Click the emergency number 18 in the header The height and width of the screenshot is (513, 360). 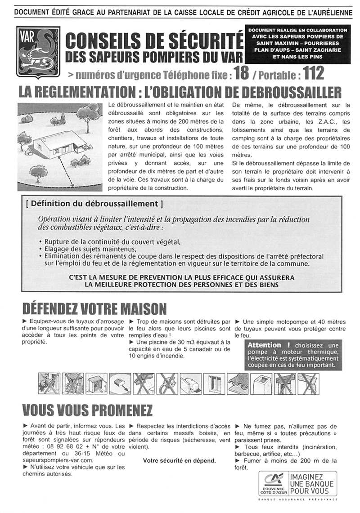point(241,72)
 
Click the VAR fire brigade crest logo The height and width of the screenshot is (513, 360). point(37,50)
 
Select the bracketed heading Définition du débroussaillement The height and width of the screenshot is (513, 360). point(94,204)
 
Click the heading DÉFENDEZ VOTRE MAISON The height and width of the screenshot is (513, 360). point(94,309)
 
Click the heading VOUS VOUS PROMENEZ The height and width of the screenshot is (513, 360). point(87,410)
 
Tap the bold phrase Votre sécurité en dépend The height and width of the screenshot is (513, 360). point(179,460)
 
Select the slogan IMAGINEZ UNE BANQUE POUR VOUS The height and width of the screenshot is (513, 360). point(312,483)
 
